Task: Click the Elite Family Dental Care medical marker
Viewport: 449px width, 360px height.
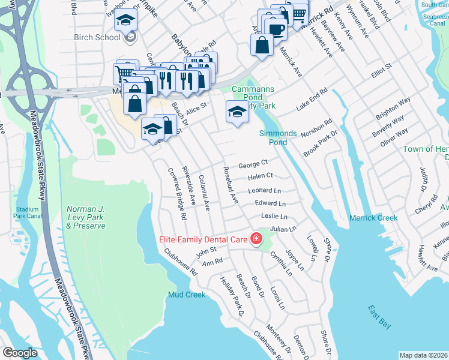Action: pyautogui.click(x=256, y=239)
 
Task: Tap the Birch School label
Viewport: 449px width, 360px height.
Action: pyautogui.click(x=98, y=37)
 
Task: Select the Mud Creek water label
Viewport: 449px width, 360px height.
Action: pyautogui.click(x=187, y=295)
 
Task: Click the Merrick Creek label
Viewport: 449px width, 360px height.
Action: pyautogui.click(x=373, y=218)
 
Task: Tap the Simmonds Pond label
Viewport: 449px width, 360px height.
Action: pyautogui.click(x=278, y=137)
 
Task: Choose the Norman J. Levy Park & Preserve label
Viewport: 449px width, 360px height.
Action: pyautogui.click(x=86, y=217)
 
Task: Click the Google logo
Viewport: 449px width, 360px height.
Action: pyautogui.click(x=20, y=353)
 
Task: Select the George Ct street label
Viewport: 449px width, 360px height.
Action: pyautogui.click(x=252, y=164)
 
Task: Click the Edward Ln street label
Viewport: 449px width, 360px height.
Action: pyautogui.click(x=270, y=203)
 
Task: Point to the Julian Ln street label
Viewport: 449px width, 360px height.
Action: pyautogui.click(x=283, y=229)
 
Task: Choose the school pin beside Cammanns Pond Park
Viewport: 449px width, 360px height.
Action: pyautogui.click(x=237, y=112)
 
